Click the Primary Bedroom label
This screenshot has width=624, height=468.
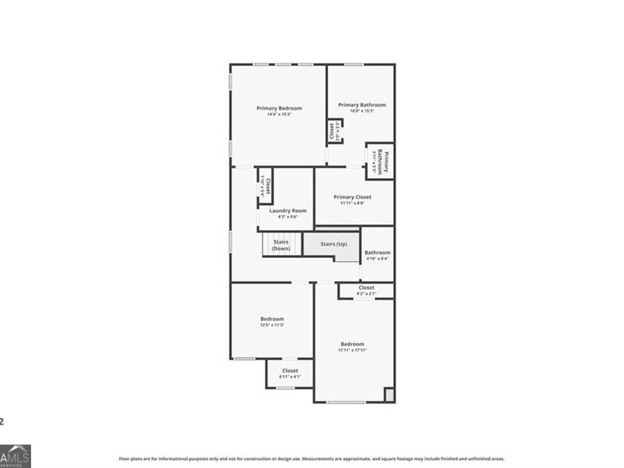[x=279, y=108]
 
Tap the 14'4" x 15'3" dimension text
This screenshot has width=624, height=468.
[x=279, y=114]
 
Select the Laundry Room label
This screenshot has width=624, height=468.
[x=288, y=211]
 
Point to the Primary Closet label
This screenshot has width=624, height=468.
[x=352, y=197]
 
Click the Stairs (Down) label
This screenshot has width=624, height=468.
[x=281, y=245]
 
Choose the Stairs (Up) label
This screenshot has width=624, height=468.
[x=333, y=244]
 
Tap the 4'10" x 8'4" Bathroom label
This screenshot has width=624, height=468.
[x=377, y=252]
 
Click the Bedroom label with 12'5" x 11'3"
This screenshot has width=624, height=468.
[x=272, y=319]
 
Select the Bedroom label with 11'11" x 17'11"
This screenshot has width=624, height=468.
[x=352, y=344]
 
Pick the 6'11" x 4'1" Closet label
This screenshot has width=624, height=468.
[x=290, y=371]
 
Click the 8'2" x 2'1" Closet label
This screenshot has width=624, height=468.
[x=366, y=288]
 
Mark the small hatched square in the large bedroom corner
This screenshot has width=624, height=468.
[x=389, y=395]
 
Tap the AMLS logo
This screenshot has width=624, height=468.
[x=15, y=456]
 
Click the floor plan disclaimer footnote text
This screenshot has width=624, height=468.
[x=311, y=458]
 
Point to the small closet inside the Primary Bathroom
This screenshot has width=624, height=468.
[x=333, y=131]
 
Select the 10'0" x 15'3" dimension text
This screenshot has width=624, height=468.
[x=362, y=111]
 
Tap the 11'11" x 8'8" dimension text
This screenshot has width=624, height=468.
[x=352, y=203]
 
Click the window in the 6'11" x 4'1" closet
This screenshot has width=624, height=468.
[x=285, y=388]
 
